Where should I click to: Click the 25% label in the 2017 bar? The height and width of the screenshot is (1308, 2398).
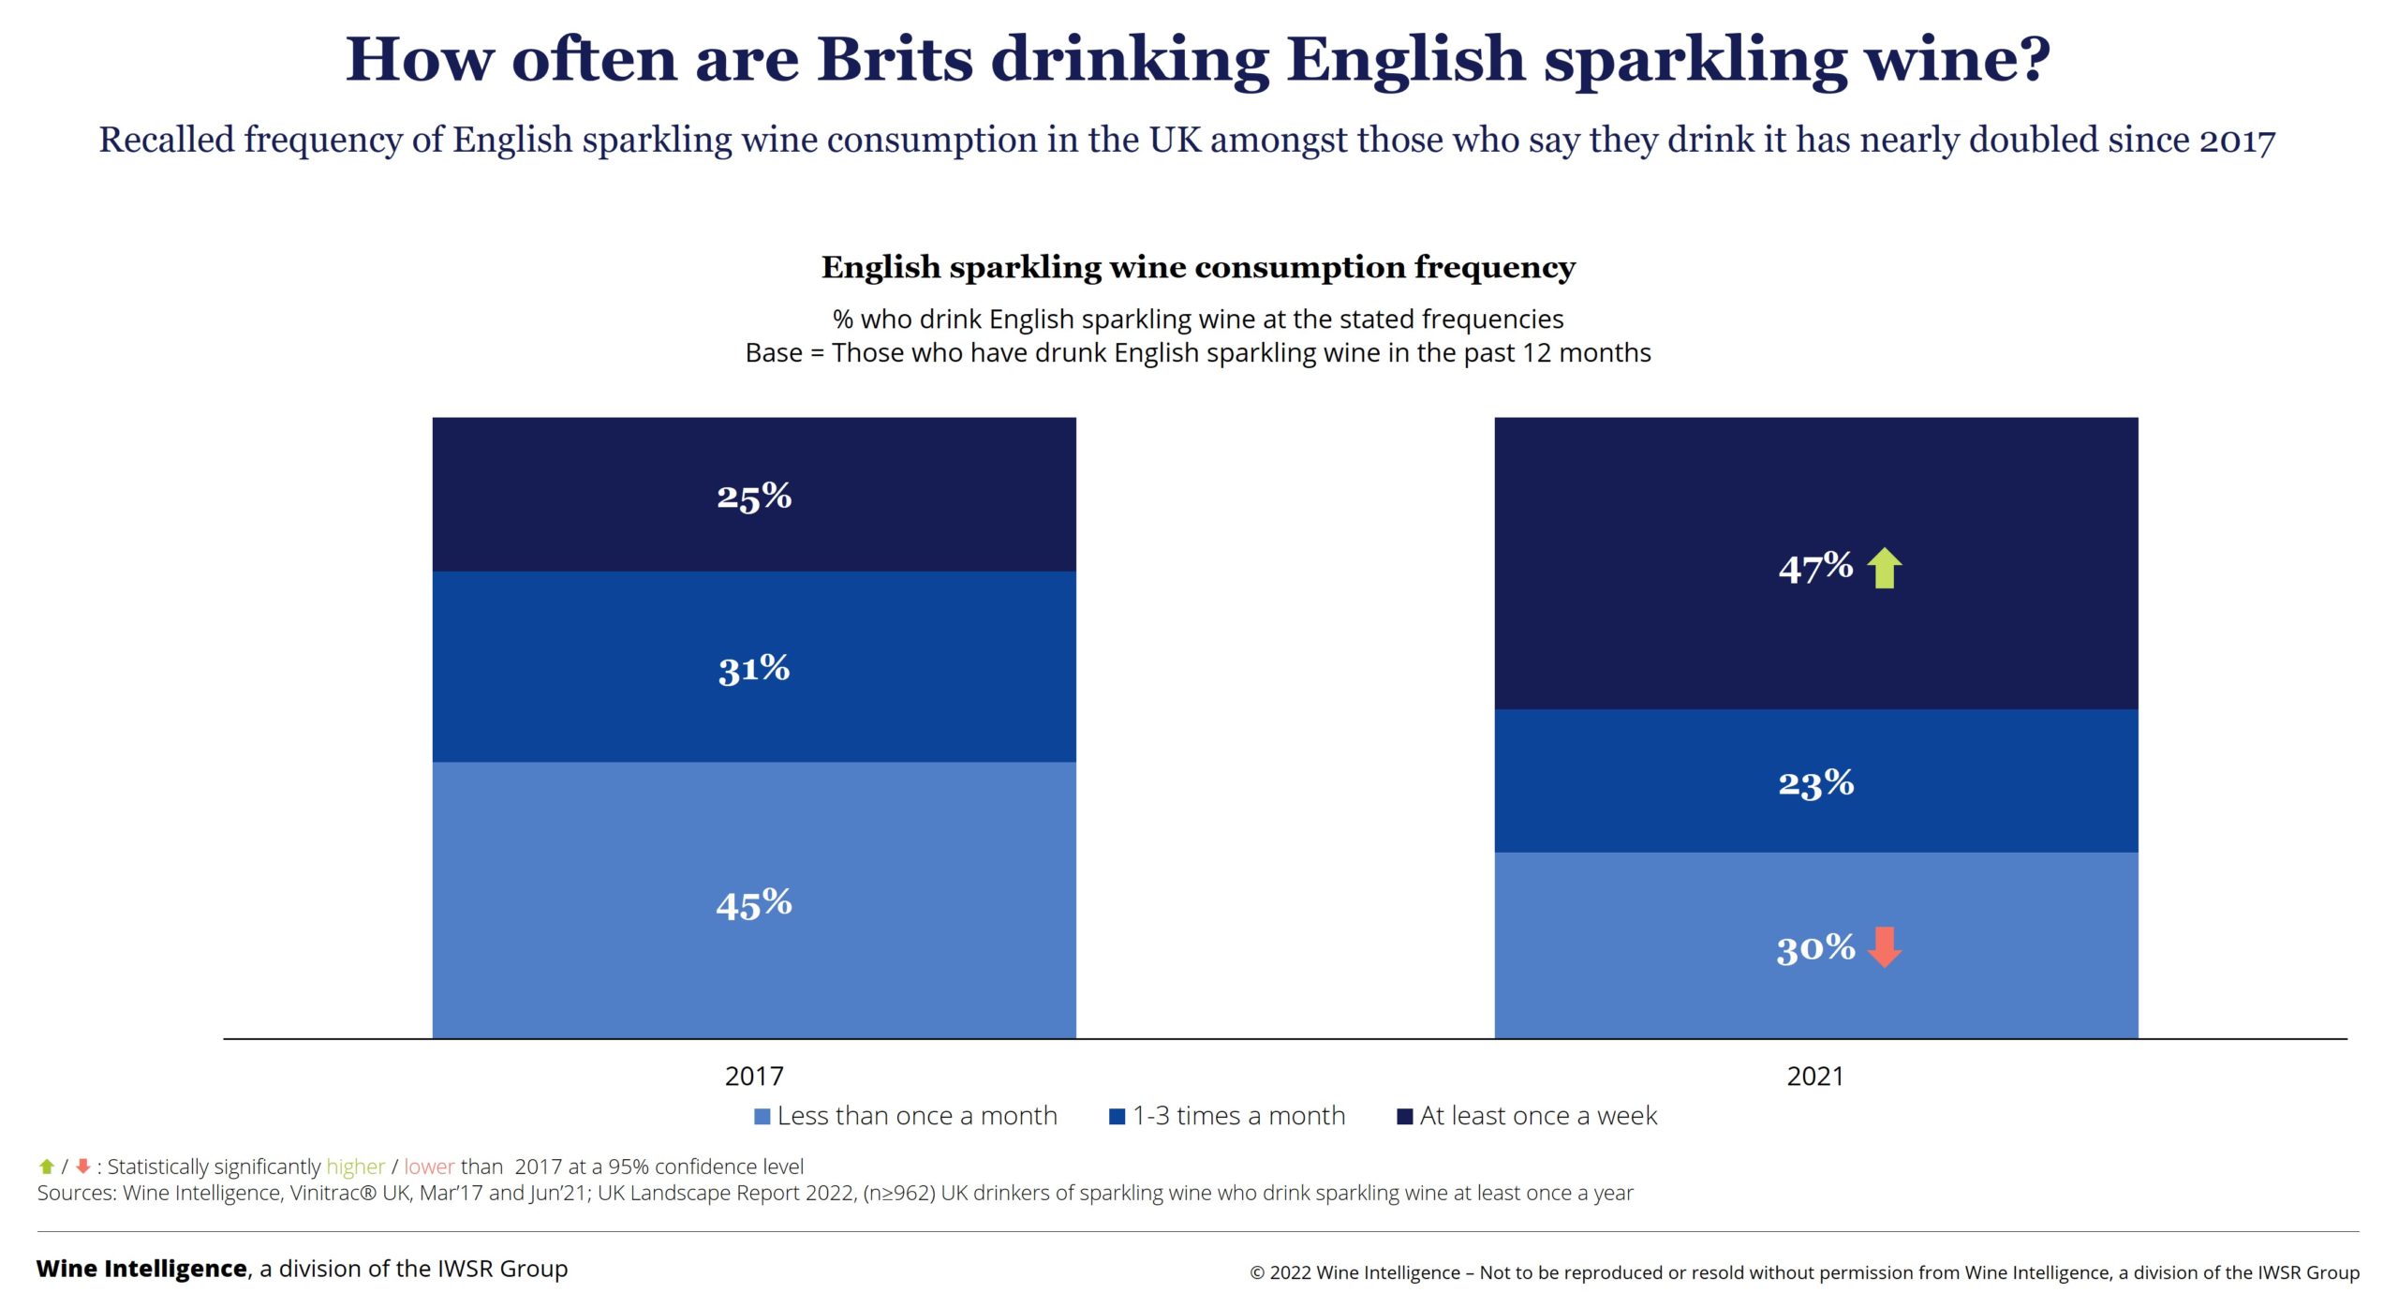(754, 497)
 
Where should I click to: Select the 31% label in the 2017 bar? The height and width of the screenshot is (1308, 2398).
(754, 669)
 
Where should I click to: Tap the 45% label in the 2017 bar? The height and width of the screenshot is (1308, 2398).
(754, 905)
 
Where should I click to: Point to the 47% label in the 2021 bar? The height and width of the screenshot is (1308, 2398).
(1815, 568)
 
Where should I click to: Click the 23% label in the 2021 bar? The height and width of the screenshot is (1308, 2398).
(1816, 783)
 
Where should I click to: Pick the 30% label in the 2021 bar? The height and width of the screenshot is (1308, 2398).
(1815, 948)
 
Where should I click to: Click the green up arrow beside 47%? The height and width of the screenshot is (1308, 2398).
(1885, 568)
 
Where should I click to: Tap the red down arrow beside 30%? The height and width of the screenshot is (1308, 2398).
(1885, 946)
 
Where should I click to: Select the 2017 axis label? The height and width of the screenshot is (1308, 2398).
(754, 1076)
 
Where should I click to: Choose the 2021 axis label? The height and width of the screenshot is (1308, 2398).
(1815, 1076)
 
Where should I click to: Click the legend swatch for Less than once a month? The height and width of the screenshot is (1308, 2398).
(762, 1116)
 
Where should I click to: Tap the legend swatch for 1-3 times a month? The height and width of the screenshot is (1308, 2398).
(1117, 1116)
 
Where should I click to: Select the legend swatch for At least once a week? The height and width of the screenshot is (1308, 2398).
(1404, 1116)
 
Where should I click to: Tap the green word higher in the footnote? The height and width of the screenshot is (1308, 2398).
(355, 1167)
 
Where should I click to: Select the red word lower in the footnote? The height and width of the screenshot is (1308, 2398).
(429, 1167)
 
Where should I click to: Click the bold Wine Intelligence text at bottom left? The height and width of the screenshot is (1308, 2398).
(141, 1269)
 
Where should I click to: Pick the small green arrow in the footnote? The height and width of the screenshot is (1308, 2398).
(47, 1167)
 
